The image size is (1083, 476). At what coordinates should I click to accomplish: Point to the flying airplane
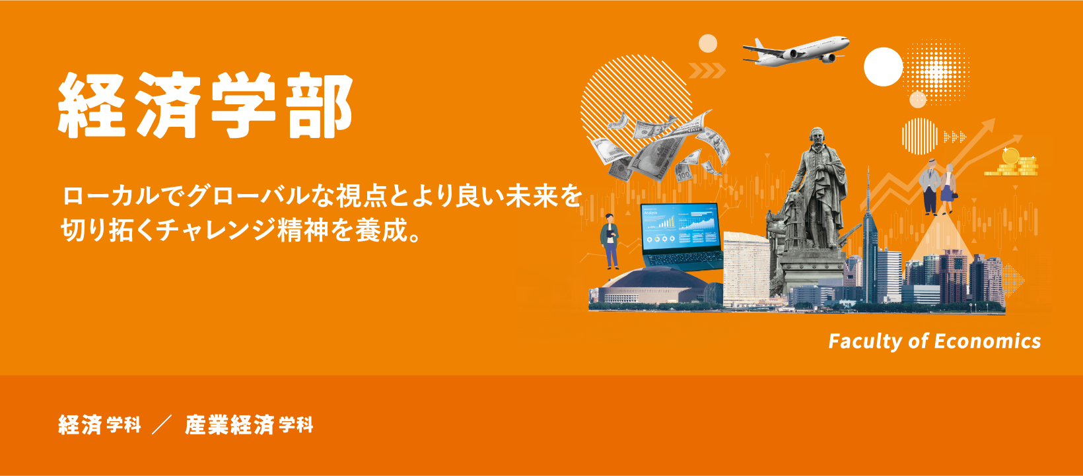(796, 51)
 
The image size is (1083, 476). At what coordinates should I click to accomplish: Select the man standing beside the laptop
(610, 241)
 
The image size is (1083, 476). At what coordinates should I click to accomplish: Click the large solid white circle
(883, 67)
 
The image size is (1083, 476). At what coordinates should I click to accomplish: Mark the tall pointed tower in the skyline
(869, 231)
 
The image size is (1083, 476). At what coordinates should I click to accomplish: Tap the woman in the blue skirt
(948, 188)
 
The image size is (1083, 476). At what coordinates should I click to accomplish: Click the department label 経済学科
(100, 425)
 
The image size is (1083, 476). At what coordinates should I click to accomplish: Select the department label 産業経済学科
(249, 425)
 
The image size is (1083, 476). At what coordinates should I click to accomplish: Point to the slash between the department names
(162, 425)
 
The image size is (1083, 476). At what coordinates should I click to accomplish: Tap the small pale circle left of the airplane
(708, 44)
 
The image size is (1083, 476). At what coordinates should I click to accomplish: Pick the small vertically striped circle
(919, 136)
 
